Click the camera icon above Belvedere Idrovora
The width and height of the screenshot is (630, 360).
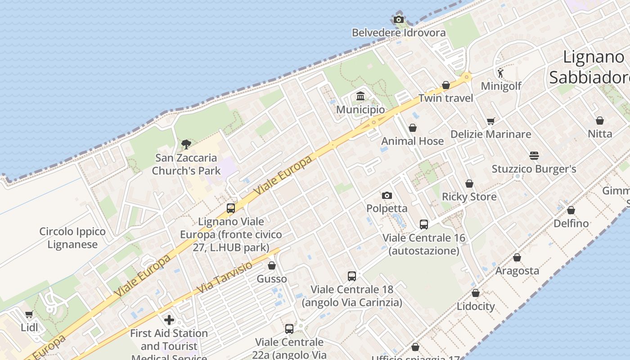point(398,19)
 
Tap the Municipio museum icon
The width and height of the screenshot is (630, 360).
point(360,96)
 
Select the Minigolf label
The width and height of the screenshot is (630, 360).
point(501,86)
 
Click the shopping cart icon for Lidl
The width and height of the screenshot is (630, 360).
point(29,314)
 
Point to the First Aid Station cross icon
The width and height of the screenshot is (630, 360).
point(169,320)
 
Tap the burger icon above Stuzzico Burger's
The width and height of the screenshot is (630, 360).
point(534,156)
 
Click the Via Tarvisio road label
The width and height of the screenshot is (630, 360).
point(225,277)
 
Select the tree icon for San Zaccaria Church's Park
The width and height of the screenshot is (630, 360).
point(186,144)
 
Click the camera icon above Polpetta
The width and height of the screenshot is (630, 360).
point(387,195)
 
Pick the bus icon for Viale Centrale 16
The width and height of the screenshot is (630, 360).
point(423,224)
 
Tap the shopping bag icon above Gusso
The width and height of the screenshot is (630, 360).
point(271,265)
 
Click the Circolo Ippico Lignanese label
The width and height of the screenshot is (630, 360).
point(72,238)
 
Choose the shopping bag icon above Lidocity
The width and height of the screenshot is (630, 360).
point(476,293)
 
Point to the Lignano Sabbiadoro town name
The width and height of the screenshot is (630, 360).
point(594,67)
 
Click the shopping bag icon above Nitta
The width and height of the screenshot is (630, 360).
point(600,121)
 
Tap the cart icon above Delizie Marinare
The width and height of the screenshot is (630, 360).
point(490,121)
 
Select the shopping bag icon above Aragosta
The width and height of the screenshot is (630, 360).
point(517,257)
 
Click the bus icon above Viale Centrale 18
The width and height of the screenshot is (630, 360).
point(352,276)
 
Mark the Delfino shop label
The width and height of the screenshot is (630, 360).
point(571,223)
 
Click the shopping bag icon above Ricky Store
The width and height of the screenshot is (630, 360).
point(469,184)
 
